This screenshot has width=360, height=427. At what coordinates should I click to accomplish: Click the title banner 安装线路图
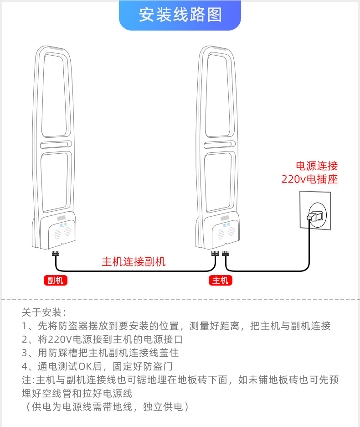(x=180, y=15)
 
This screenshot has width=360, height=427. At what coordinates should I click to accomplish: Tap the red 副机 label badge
(x=56, y=281)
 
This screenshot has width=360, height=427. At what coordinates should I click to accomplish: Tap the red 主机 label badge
(x=221, y=281)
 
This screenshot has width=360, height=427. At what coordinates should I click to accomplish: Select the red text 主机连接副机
(x=134, y=262)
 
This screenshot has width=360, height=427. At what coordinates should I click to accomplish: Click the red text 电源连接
(x=317, y=166)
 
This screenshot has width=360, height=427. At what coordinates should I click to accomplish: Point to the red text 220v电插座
(x=309, y=179)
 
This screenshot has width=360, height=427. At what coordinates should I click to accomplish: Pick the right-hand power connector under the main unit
(x=226, y=253)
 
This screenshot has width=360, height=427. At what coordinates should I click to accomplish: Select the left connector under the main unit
(x=215, y=253)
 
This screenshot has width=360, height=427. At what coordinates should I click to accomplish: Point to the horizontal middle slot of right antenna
(x=220, y=145)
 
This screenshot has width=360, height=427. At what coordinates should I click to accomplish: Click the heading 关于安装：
(x=44, y=313)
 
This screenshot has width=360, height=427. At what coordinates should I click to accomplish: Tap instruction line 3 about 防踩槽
(x=100, y=353)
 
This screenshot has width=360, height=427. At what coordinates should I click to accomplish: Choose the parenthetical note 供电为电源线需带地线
(x=105, y=406)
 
